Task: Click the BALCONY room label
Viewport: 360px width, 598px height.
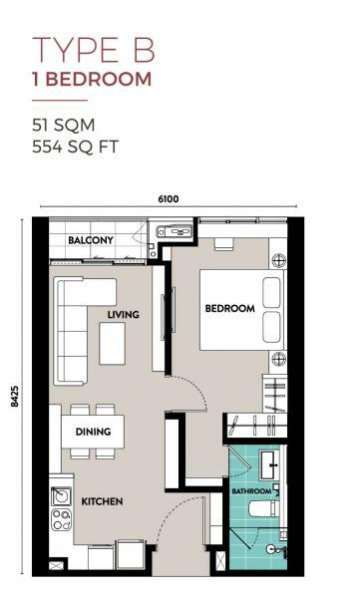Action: pyautogui.click(x=91, y=240)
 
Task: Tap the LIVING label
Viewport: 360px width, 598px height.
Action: pyautogui.click(x=123, y=315)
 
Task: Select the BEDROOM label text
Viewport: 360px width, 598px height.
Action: pyautogui.click(x=229, y=308)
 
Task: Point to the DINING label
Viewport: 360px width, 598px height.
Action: pyautogui.click(x=93, y=432)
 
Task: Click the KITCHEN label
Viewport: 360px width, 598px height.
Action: pyautogui.click(x=102, y=501)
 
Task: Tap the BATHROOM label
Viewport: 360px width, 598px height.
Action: pyautogui.click(x=251, y=491)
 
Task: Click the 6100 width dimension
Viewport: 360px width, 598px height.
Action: pyautogui.click(x=169, y=199)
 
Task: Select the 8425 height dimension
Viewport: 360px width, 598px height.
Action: pyautogui.click(x=15, y=397)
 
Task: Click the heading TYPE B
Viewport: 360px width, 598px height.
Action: pyautogui.click(x=94, y=50)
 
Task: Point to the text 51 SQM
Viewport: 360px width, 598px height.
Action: pyautogui.click(x=64, y=126)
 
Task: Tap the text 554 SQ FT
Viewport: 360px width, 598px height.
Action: pyautogui.click(x=75, y=147)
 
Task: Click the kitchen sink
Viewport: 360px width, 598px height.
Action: pyautogui.click(x=61, y=496)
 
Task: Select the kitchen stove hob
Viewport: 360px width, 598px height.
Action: pyautogui.click(x=61, y=519)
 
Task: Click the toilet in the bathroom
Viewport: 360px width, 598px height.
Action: pyautogui.click(x=263, y=508)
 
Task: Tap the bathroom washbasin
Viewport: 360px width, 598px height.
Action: pyautogui.click(x=269, y=465)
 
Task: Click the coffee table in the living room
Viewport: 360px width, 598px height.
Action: pyautogui.click(x=113, y=343)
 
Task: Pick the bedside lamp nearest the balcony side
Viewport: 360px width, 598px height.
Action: pyautogui.click(x=278, y=260)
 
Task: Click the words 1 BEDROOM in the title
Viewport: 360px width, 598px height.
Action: pyautogui.click(x=92, y=79)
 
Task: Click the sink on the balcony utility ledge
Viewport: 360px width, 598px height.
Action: pyautogui.click(x=175, y=231)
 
